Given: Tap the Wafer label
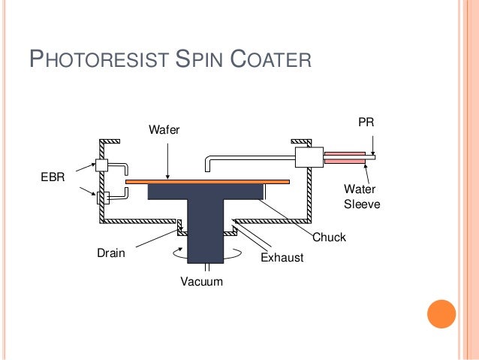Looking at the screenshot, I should pos(164,131).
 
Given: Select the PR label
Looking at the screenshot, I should pos(366,122).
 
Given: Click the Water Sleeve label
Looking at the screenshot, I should pos(360,197).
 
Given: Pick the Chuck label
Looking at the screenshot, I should pos(329,237).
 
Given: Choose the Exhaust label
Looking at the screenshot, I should pos(282,258).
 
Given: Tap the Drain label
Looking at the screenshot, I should pos(111,254).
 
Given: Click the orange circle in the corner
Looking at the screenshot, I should pos(441,314).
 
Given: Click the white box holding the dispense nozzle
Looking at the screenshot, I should pos(309,157).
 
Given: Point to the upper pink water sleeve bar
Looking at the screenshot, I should pos(345,153).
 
